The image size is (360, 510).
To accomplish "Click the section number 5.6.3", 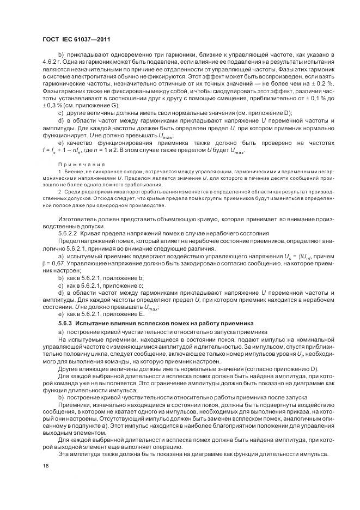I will click(x=65, y=323).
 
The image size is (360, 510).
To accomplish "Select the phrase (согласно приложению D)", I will click(x=282, y=369).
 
